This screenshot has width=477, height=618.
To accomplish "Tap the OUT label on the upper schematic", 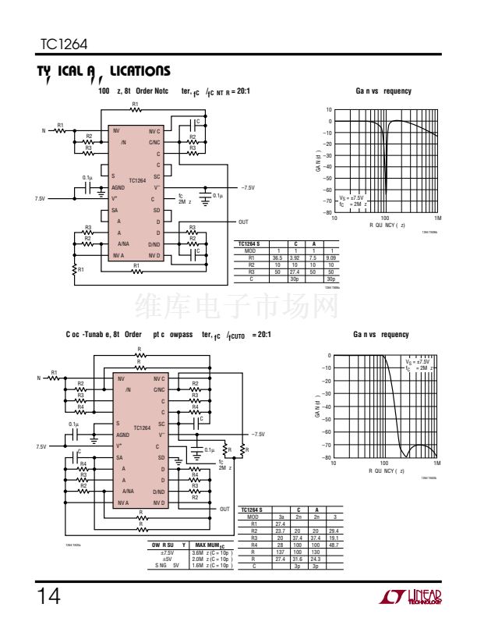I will (x=243, y=222).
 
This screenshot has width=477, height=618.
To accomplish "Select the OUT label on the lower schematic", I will (x=225, y=508).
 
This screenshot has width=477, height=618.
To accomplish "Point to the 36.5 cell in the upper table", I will (x=277, y=258).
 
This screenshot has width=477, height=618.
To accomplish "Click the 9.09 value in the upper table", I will (x=330, y=258).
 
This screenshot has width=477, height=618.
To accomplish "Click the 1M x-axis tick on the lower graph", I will (x=436, y=463).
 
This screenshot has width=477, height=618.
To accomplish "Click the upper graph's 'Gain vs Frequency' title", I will (x=383, y=91).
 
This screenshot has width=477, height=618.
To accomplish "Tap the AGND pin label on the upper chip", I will (x=118, y=187).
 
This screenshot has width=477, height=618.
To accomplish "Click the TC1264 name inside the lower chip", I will (x=142, y=428).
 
